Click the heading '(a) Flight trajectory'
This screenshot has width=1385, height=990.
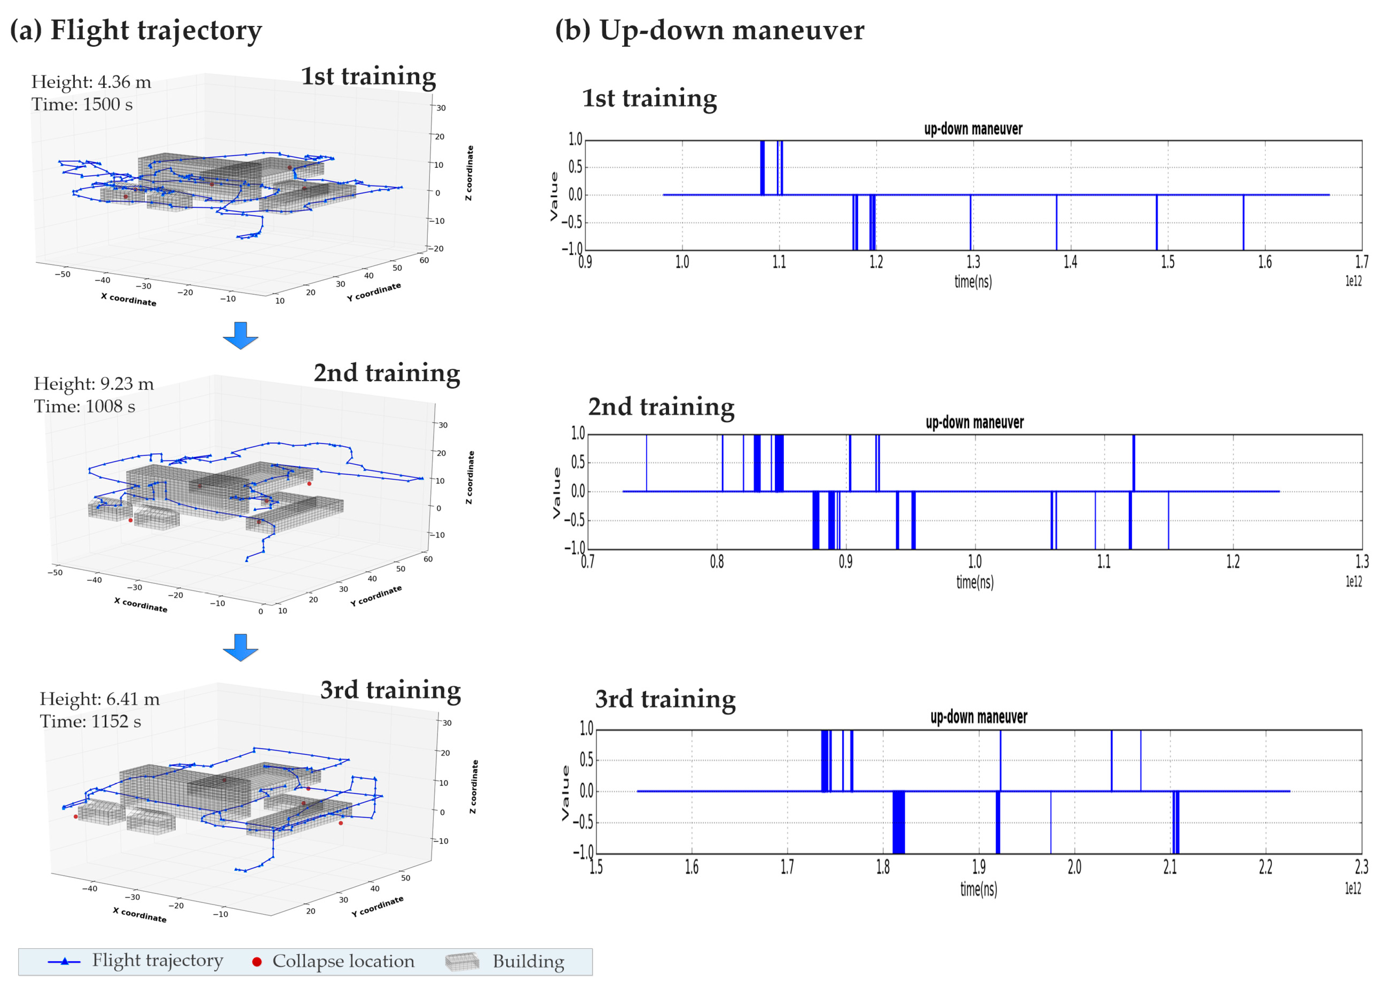click(x=135, y=30)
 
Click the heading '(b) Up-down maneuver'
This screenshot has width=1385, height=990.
click(x=709, y=30)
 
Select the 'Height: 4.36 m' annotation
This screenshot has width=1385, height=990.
click(x=91, y=82)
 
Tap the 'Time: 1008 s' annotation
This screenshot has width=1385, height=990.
click(x=84, y=406)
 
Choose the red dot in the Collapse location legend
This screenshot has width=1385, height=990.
click(x=257, y=962)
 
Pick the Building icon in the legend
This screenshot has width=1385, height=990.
click(x=462, y=962)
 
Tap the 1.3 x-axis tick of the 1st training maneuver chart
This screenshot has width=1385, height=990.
click(x=973, y=262)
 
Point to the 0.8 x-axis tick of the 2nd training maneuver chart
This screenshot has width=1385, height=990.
click(x=717, y=562)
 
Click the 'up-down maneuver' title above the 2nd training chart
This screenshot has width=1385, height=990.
click(x=974, y=423)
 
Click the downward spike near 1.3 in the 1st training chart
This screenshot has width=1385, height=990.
click(x=970, y=223)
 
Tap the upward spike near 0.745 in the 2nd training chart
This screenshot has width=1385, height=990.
click(x=646, y=463)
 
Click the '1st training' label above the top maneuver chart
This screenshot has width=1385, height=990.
click(x=649, y=98)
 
